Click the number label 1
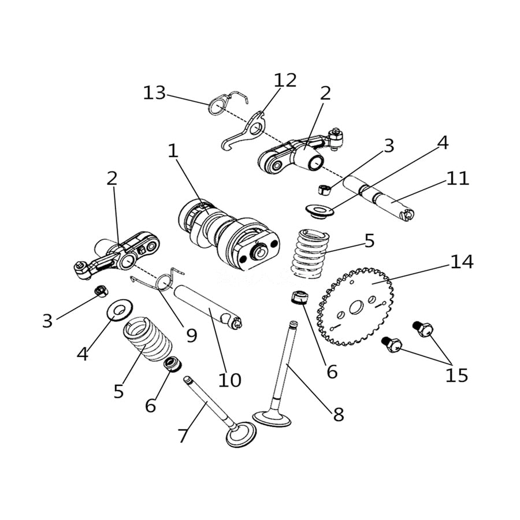point(172,151)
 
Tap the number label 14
point(462,262)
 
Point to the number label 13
point(154,92)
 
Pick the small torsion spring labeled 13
point(217,105)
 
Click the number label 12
point(285,80)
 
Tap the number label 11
point(457,178)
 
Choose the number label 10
point(229,380)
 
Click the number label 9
point(191,335)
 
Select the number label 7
point(183,435)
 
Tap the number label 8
point(338,414)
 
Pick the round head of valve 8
point(272,418)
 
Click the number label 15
point(456,375)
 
